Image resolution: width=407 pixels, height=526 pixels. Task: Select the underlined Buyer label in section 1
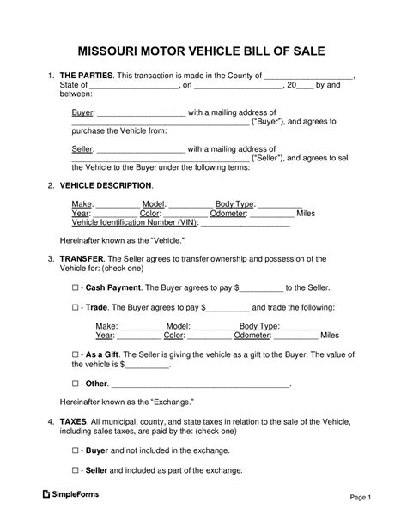(82, 112)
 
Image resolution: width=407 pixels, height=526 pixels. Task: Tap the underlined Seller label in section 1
(82, 148)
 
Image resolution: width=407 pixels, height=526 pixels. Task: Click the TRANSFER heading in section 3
(81, 258)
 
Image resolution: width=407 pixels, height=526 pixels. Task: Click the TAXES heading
(74, 424)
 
